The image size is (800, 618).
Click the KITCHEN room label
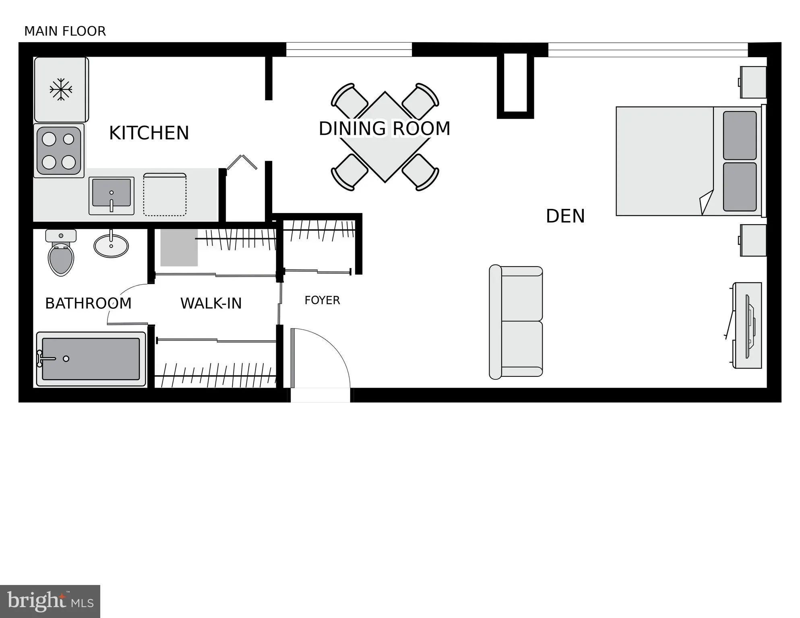click(x=149, y=133)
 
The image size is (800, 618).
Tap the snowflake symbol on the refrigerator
click(x=61, y=89)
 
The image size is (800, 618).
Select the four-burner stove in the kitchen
click(x=59, y=151)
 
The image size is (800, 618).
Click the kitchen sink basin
click(x=112, y=192)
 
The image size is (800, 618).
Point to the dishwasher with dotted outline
click(x=165, y=194)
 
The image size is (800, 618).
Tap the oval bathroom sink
click(x=111, y=245)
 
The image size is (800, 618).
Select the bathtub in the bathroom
click(x=91, y=359)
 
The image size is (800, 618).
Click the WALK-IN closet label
click(x=211, y=303)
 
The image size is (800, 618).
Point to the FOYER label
click(x=322, y=300)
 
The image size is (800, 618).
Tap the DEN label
click(x=565, y=216)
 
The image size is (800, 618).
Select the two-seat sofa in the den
click(x=516, y=322)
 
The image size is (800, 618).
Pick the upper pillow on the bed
click(x=740, y=135)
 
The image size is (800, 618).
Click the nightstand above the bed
click(x=753, y=82)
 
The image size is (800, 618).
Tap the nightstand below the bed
click(x=753, y=240)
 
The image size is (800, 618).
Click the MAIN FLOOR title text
click(x=65, y=31)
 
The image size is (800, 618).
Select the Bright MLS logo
click(x=50, y=601)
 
